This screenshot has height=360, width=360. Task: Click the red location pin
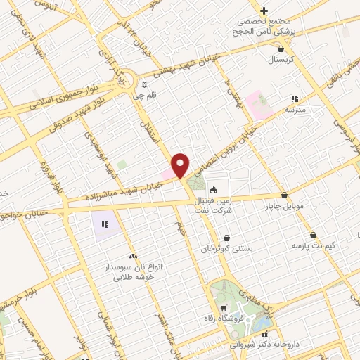coord(181,165)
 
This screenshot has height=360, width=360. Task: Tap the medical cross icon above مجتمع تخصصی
coord(264,11)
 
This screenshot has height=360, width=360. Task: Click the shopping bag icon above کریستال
coord(281,49)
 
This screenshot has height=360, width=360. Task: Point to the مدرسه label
coord(295,110)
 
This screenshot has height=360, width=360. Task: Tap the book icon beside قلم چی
coord(144,82)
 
